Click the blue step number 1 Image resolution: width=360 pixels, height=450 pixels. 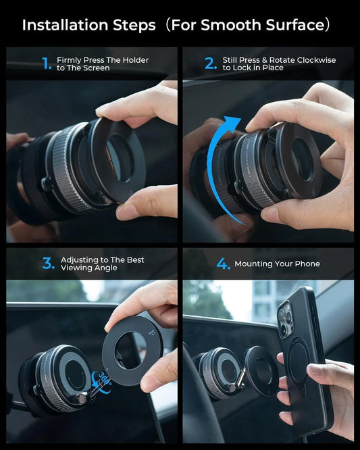(47, 64)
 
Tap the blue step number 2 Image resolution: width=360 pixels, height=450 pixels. (211, 64)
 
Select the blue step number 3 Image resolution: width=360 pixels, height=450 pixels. (48, 264)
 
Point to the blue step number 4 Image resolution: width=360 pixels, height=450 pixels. (223, 264)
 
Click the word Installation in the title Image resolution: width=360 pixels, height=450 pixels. (63, 25)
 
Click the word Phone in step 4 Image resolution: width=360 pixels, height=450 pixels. (307, 264)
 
